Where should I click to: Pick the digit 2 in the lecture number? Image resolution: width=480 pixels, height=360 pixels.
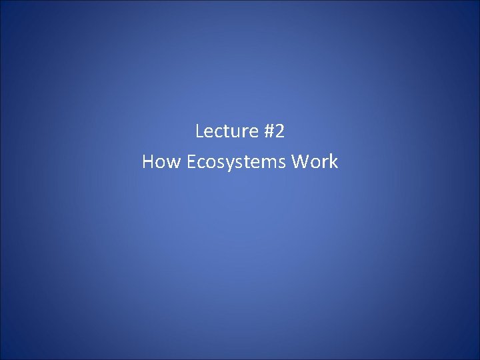(279, 131)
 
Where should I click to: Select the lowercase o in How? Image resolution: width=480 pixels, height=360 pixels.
(159, 163)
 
